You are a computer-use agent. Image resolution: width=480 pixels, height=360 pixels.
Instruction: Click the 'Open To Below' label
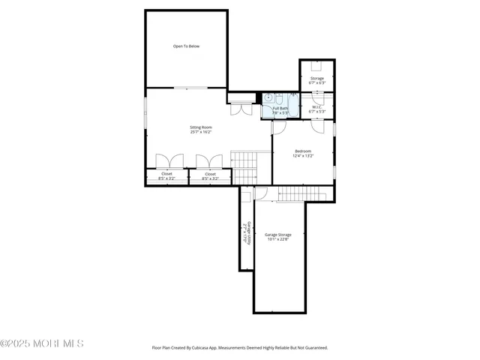[x=187, y=46]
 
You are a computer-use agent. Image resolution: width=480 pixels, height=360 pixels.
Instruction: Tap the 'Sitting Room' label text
[x=200, y=127]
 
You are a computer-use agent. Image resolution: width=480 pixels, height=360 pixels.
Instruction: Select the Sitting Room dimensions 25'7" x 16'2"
[x=200, y=133]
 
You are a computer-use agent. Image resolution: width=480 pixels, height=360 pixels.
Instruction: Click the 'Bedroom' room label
[x=302, y=151]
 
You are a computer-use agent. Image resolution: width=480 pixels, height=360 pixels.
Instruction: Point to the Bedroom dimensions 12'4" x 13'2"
[x=302, y=156]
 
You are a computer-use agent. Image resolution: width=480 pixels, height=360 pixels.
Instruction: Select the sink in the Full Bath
[x=267, y=97]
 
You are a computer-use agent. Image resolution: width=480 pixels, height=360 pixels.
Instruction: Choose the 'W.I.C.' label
[x=317, y=107]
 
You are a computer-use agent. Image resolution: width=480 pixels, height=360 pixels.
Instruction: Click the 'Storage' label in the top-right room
[x=317, y=78]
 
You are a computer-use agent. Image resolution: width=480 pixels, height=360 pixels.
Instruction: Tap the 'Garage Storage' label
[x=278, y=235]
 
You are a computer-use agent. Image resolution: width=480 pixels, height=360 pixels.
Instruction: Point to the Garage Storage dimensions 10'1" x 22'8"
[x=278, y=240]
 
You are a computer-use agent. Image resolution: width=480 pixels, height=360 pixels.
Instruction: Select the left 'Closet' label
[x=166, y=174]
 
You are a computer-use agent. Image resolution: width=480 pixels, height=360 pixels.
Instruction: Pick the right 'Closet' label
[x=210, y=174]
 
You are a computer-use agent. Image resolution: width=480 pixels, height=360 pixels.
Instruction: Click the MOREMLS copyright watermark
[x=42, y=343]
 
